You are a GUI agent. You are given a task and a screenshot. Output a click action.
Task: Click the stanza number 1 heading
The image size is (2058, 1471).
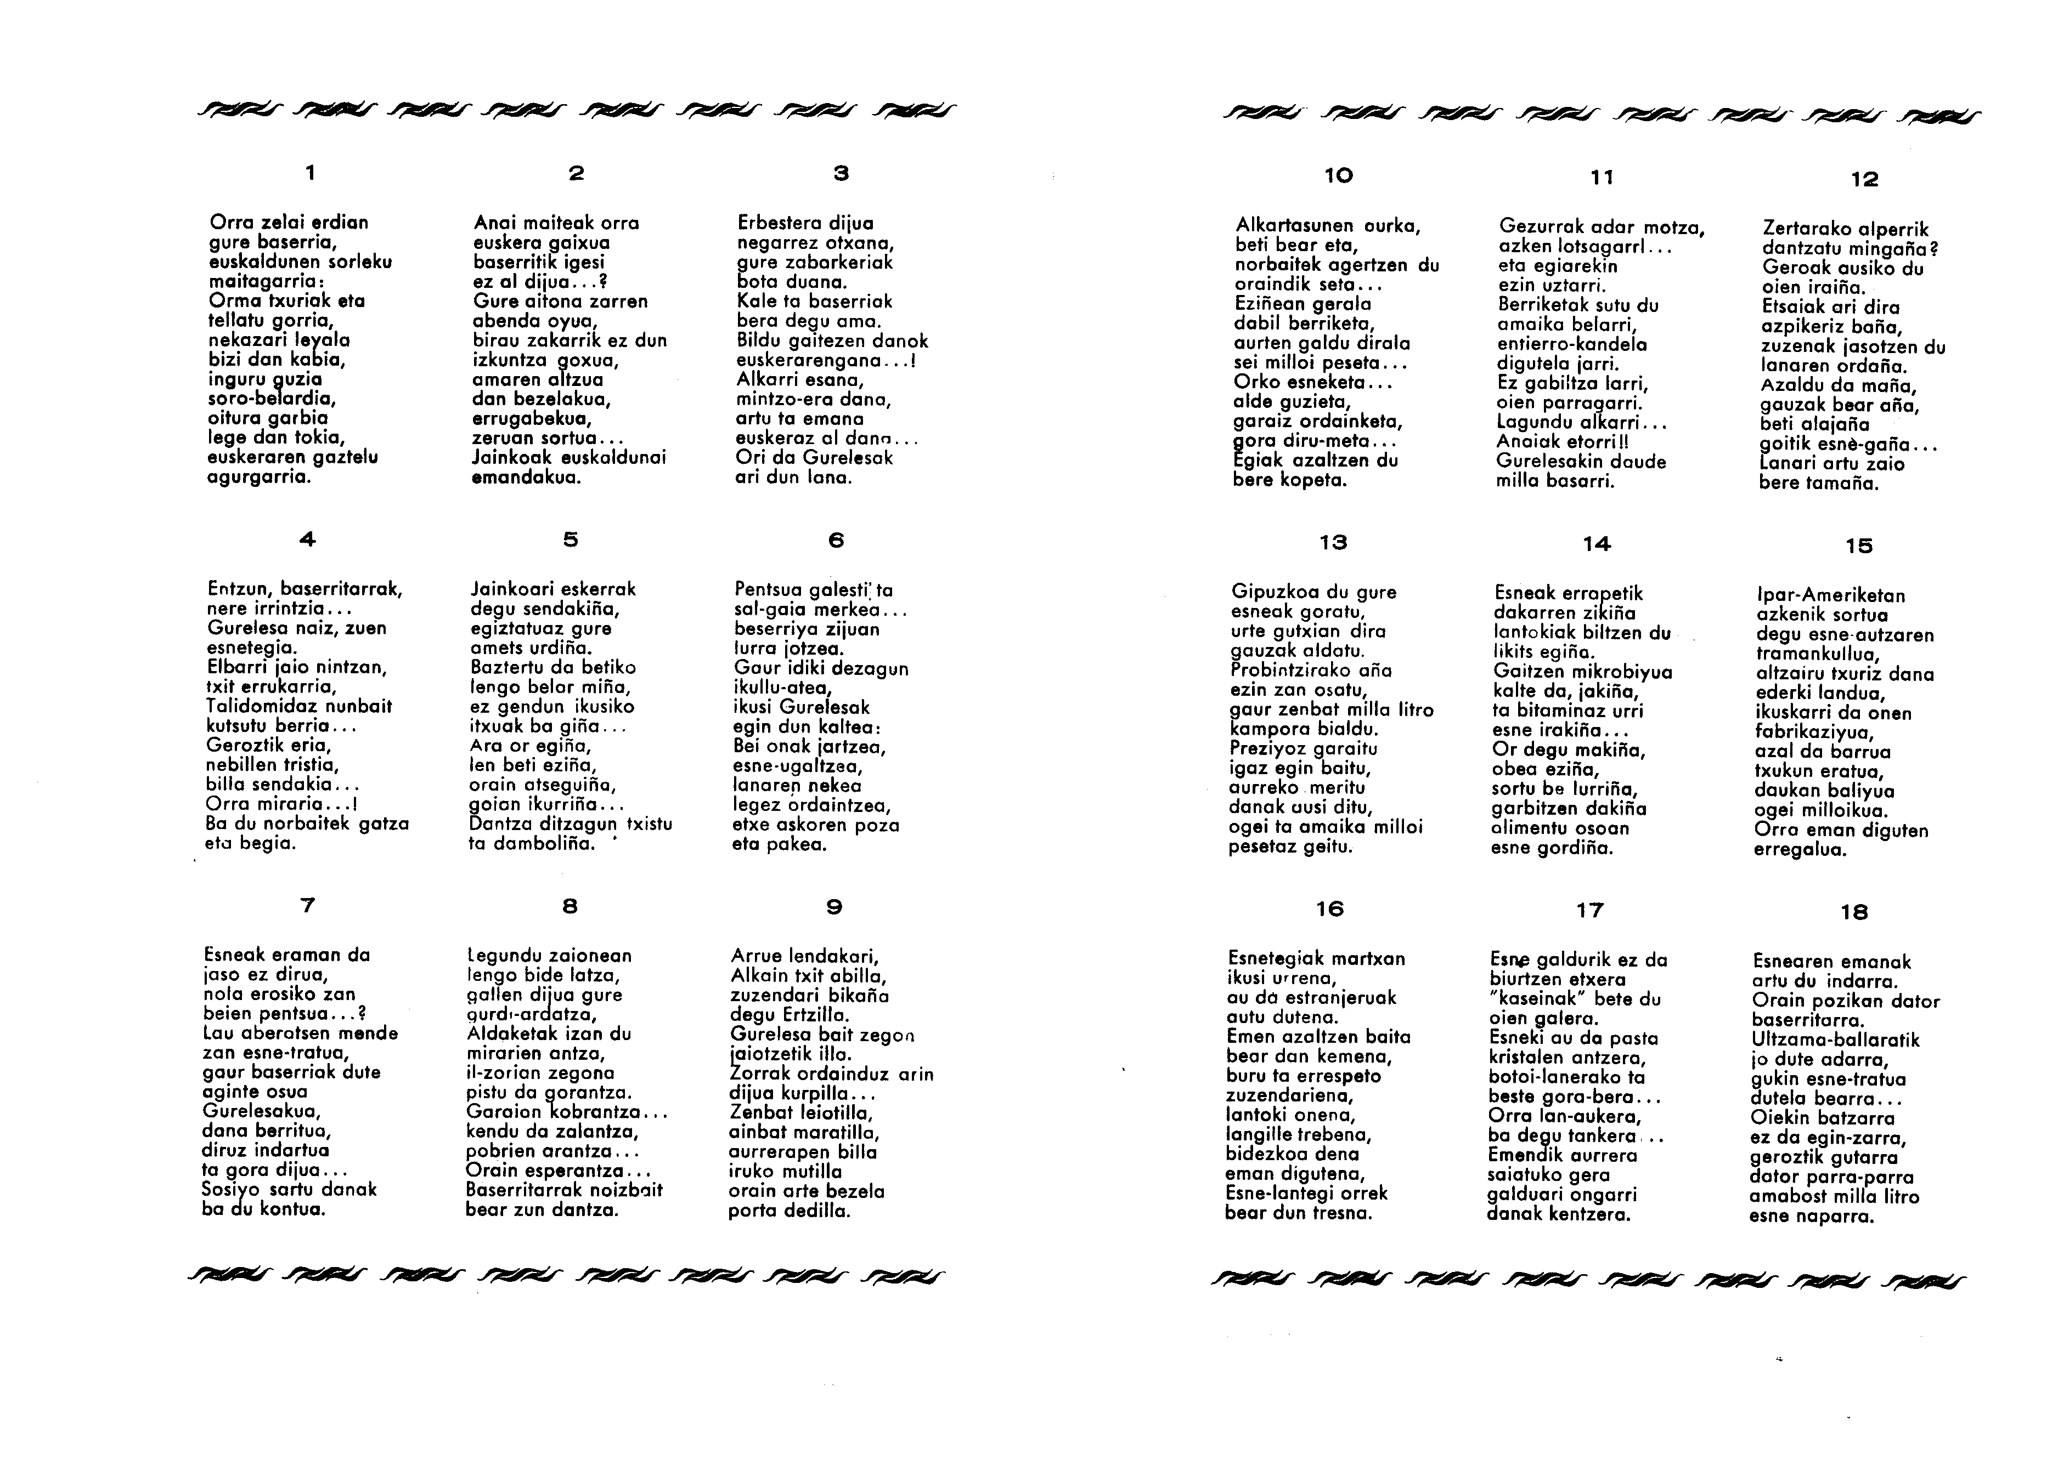tap(311, 172)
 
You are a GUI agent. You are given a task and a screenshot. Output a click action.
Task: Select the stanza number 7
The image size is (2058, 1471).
tap(307, 905)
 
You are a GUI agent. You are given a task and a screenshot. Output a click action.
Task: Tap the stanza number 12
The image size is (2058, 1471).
tap(1864, 179)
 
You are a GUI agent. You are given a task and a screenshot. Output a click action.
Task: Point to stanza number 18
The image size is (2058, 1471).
tap(1854, 913)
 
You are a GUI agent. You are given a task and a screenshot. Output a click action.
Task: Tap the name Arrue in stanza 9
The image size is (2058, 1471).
tap(757, 956)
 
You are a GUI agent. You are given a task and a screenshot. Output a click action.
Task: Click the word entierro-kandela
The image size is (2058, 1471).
tap(1572, 344)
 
